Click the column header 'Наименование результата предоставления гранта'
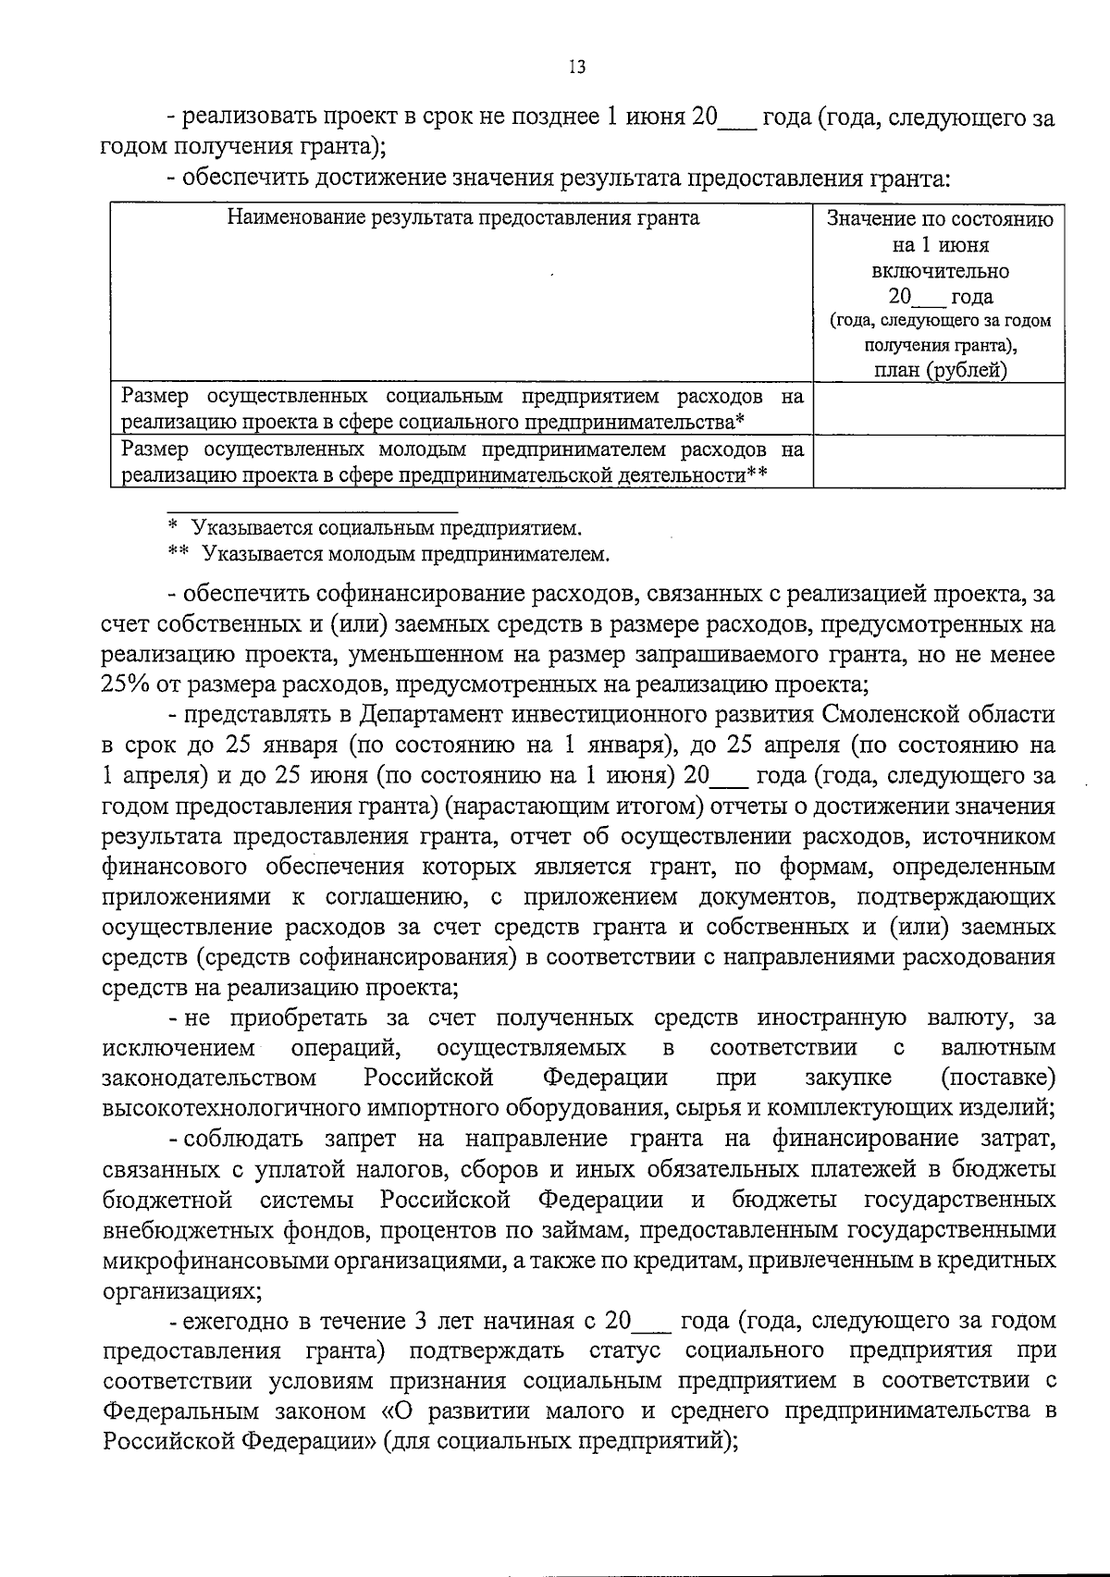coord(462,218)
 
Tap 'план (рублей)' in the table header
coord(940,371)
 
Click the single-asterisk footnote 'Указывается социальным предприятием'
coord(387,529)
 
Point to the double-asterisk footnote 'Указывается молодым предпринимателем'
coord(405,555)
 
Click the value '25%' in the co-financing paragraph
coord(124,685)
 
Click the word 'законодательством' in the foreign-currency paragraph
coord(209,1078)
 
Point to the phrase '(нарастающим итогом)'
coord(573,806)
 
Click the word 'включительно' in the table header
coord(940,271)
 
